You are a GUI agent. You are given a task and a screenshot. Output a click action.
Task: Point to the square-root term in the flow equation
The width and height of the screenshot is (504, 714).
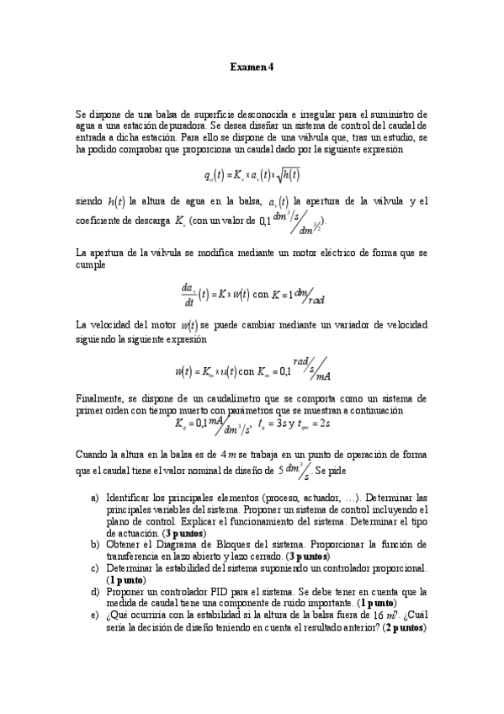(291, 175)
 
